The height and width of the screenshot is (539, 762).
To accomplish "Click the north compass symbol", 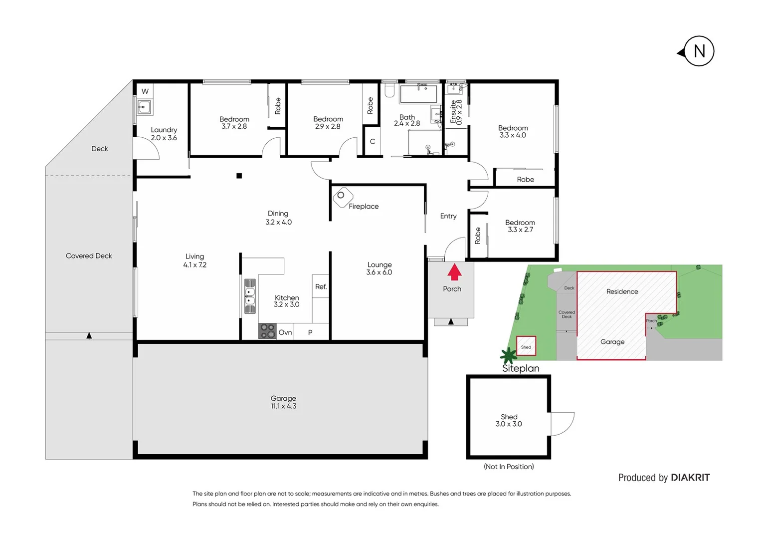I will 698,51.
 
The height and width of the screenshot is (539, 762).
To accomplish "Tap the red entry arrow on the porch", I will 454,272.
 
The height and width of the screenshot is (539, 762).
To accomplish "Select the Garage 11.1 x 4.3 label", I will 283,402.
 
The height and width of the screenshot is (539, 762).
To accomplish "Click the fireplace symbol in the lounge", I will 342,196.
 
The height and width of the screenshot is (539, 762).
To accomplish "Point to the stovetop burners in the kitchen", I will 267,331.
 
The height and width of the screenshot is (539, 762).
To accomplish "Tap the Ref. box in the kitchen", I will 321,286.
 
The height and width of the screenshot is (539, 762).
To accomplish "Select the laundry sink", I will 145,107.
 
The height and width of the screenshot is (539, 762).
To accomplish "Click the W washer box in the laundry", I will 145,91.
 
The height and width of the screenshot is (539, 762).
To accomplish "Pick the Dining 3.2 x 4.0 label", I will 278,218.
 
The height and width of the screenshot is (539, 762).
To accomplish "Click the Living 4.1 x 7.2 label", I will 194,261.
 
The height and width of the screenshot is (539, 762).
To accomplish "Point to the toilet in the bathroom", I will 389,90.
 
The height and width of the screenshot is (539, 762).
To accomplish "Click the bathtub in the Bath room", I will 418,94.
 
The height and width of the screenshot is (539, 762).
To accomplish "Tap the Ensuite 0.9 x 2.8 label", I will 456,112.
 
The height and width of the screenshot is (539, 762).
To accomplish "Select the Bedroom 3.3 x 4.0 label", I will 513,132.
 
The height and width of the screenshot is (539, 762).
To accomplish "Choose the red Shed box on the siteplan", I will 526,346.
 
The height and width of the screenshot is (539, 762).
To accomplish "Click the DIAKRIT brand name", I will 690,478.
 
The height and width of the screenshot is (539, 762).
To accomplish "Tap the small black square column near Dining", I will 239,176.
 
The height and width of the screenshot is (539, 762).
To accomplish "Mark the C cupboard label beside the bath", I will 372,142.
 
